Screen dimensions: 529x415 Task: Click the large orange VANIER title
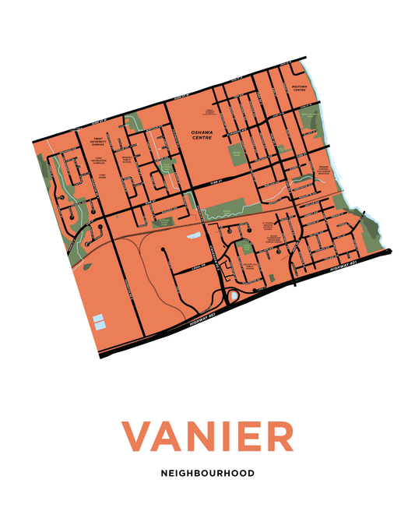tap(207, 436)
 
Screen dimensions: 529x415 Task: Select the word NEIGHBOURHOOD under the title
tap(207, 473)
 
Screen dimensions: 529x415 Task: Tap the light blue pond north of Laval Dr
tap(193, 234)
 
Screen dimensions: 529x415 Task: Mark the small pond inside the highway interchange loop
tap(233, 296)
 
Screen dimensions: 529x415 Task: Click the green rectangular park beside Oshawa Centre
tap(237, 153)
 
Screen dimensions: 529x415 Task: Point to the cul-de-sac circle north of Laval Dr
tap(162, 250)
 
